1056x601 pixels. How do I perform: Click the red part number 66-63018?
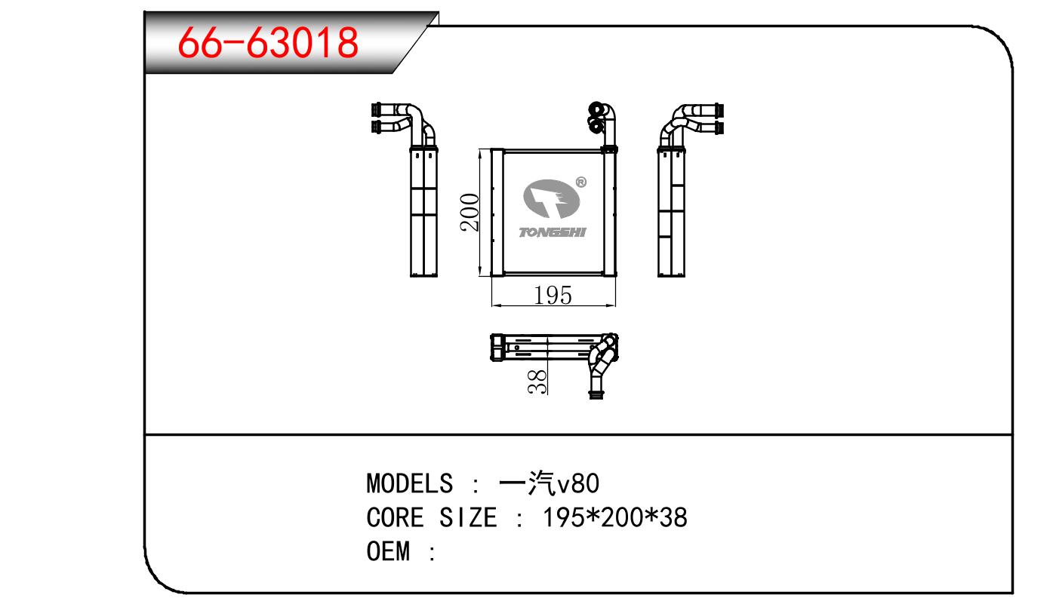pyautogui.click(x=268, y=42)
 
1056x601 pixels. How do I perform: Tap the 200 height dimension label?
pyautogui.click(x=470, y=212)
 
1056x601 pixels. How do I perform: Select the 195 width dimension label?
pyautogui.click(x=553, y=296)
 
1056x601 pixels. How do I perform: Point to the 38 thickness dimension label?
pyautogui.click(x=537, y=382)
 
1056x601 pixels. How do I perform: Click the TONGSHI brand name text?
pyautogui.click(x=552, y=232)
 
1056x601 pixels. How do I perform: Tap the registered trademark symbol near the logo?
pyautogui.click(x=581, y=182)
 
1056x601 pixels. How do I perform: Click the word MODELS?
pyautogui.click(x=410, y=483)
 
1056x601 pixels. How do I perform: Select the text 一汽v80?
pyautogui.click(x=549, y=483)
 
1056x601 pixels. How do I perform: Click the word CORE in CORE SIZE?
pyautogui.click(x=396, y=517)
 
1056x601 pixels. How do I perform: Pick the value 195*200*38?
pyautogui.click(x=614, y=517)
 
